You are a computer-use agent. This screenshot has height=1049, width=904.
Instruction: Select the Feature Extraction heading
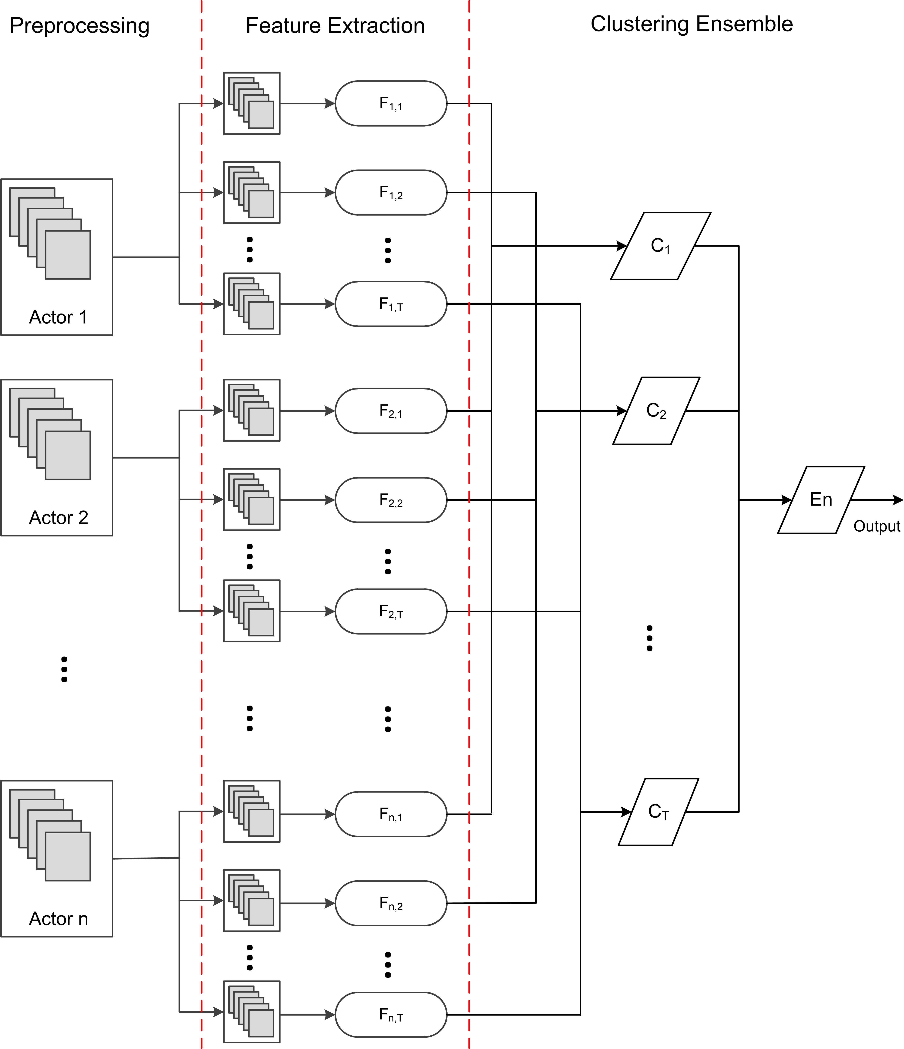click(x=335, y=26)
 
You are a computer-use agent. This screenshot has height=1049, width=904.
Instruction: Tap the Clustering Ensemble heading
click(x=692, y=24)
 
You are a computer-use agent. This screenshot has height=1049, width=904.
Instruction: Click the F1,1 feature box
click(x=391, y=103)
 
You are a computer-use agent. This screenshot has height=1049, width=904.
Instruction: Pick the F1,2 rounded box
click(x=391, y=192)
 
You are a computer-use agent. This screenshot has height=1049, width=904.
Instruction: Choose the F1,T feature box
click(x=391, y=304)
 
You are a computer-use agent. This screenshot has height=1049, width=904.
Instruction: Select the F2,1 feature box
click(x=391, y=411)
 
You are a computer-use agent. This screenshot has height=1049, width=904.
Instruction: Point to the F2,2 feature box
click(x=391, y=500)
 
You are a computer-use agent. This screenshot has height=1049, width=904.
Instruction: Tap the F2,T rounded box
click(x=391, y=611)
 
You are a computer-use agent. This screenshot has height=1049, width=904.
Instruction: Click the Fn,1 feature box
click(x=391, y=814)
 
